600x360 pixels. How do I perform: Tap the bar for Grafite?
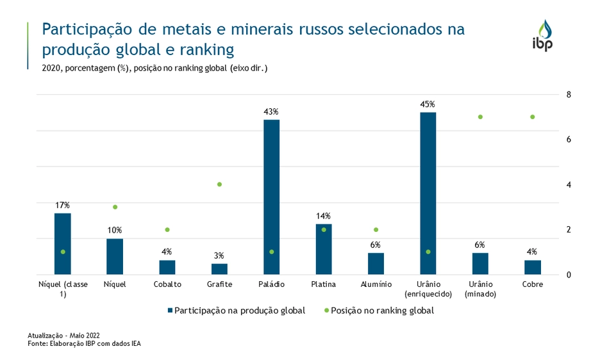point(219,268)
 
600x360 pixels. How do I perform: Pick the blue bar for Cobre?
point(532,266)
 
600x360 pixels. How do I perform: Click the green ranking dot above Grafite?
point(219,184)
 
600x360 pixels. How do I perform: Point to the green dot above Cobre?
point(532,117)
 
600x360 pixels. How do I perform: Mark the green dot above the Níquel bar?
point(115,207)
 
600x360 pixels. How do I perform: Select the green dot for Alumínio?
point(376,229)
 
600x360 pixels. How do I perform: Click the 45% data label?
point(428,104)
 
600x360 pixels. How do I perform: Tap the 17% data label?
point(62,205)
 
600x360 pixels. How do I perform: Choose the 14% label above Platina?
point(323,216)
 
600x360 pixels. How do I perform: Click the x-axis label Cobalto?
point(167,284)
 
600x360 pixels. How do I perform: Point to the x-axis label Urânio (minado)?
point(480,289)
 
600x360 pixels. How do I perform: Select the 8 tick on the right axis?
point(568,95)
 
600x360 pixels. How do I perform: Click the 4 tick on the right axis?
point(568,184)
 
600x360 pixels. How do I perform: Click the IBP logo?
point(542,36)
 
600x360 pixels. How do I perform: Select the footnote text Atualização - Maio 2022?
point(63,336)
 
